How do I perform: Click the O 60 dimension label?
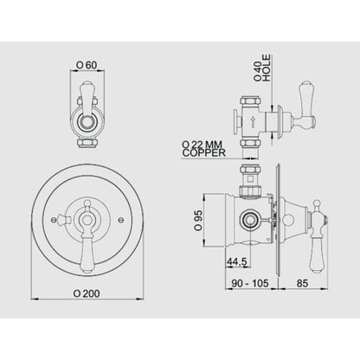(x=87, y=65)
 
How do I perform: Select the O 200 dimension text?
(x=87, y=293)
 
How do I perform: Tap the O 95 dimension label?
(x=199, y=221)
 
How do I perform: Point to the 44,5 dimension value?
(x=237, y=261)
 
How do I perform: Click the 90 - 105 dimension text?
(x=250, y=283)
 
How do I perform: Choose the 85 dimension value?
(x=302, y=283)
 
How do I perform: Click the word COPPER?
(x=203, y=153)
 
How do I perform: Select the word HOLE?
(x=267, y=68)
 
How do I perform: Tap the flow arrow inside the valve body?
(x=253, y=121)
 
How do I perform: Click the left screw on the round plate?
(x=53, y=220)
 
